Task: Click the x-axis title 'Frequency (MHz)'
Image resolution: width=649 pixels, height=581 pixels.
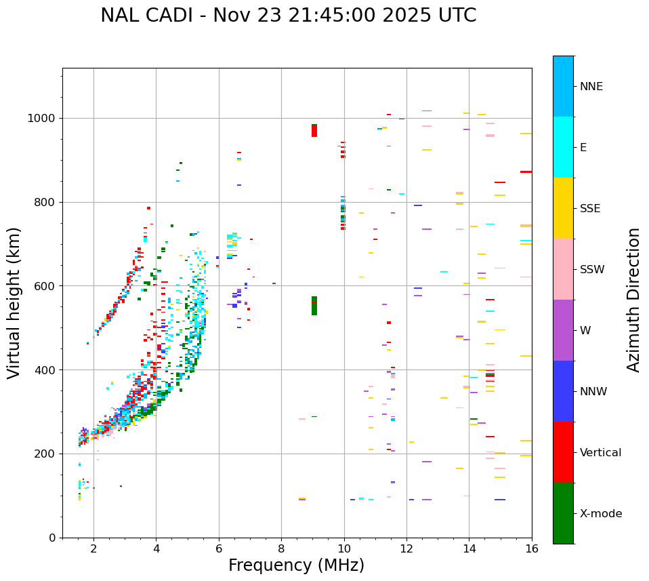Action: click(296, 565)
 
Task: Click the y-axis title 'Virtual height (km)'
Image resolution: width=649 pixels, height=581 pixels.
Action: click(14, 302)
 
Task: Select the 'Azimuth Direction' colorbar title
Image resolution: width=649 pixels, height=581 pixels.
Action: click(633, 300)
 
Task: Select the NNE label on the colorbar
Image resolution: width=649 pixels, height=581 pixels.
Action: click(591, 87)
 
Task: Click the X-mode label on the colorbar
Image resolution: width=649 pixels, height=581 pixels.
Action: click(600, 514)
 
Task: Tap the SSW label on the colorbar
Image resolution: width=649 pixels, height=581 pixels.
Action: click(592, 270)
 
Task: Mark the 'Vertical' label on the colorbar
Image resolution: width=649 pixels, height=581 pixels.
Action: click(600, 453)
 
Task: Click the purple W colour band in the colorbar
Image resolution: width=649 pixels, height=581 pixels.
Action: click(563, 330)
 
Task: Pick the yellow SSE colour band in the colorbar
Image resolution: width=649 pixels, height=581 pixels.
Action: click(563, 208)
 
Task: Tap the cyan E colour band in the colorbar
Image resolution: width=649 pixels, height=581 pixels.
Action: click(563, 147)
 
